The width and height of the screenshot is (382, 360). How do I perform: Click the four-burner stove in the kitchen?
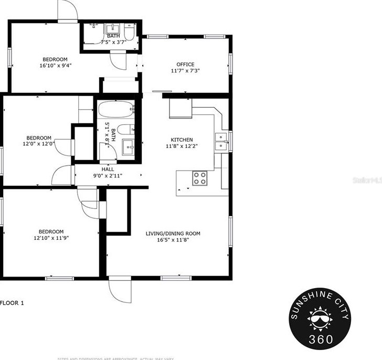[200, 178]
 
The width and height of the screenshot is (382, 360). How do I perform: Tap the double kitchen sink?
[221, 142]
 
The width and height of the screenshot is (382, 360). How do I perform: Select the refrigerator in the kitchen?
[180, 109]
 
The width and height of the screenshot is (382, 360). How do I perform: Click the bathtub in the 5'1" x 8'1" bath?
[115, 111]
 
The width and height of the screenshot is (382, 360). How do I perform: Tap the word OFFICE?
[185, 65]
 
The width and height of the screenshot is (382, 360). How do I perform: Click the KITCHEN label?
[182, 140]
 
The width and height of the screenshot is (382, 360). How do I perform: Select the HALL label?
[107, 170]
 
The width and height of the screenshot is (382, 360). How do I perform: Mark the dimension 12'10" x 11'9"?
[51, 238]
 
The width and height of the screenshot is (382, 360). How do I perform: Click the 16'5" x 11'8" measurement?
[173, 240]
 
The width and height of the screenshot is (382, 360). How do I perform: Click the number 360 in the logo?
[322, 338]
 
